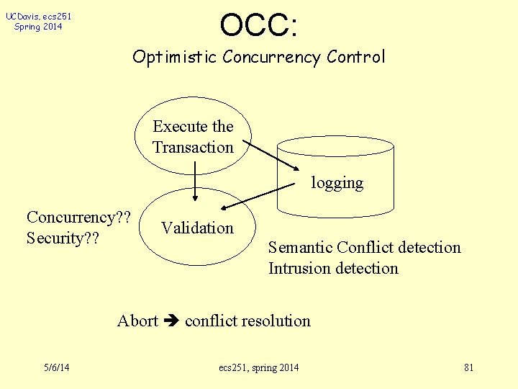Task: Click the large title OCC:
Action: click(259, 25)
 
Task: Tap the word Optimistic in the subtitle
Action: click(175, 57)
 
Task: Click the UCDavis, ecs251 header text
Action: click(37, 16)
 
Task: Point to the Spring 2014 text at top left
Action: click(37, 27)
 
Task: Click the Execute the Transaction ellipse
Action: click(193, 136)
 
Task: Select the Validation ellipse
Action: click(197, 228)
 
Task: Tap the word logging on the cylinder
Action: click(337, 183)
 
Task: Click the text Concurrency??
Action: click(78, 218)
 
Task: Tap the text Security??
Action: click(63, 238)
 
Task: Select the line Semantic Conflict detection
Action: click(364, 248)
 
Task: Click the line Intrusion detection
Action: click(333, 269)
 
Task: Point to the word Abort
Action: click(137, 321)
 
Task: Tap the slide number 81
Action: click(468, 368)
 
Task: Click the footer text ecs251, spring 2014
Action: click(259, 368)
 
